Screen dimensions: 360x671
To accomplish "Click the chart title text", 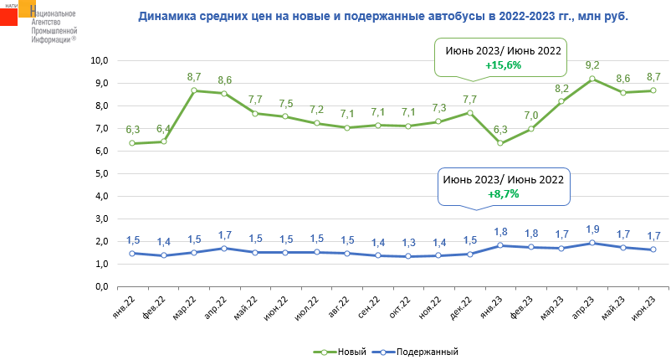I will click(382, 16).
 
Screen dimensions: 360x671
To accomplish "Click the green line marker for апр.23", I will click(592, 79).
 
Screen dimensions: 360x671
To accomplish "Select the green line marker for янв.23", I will click(500, 143).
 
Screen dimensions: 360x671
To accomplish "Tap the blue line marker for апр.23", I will click(592, 244).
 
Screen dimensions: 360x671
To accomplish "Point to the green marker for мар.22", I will click(194, 90).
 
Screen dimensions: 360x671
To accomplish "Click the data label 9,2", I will click(592, 64).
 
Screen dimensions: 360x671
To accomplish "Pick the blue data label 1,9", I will click(592, 229).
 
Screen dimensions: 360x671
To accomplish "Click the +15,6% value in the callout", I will click(503, 65).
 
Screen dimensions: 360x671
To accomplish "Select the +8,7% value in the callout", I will click(504, 193).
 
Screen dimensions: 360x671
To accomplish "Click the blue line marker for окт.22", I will click(408, 256).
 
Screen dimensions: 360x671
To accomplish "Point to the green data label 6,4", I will click(164, 128).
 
